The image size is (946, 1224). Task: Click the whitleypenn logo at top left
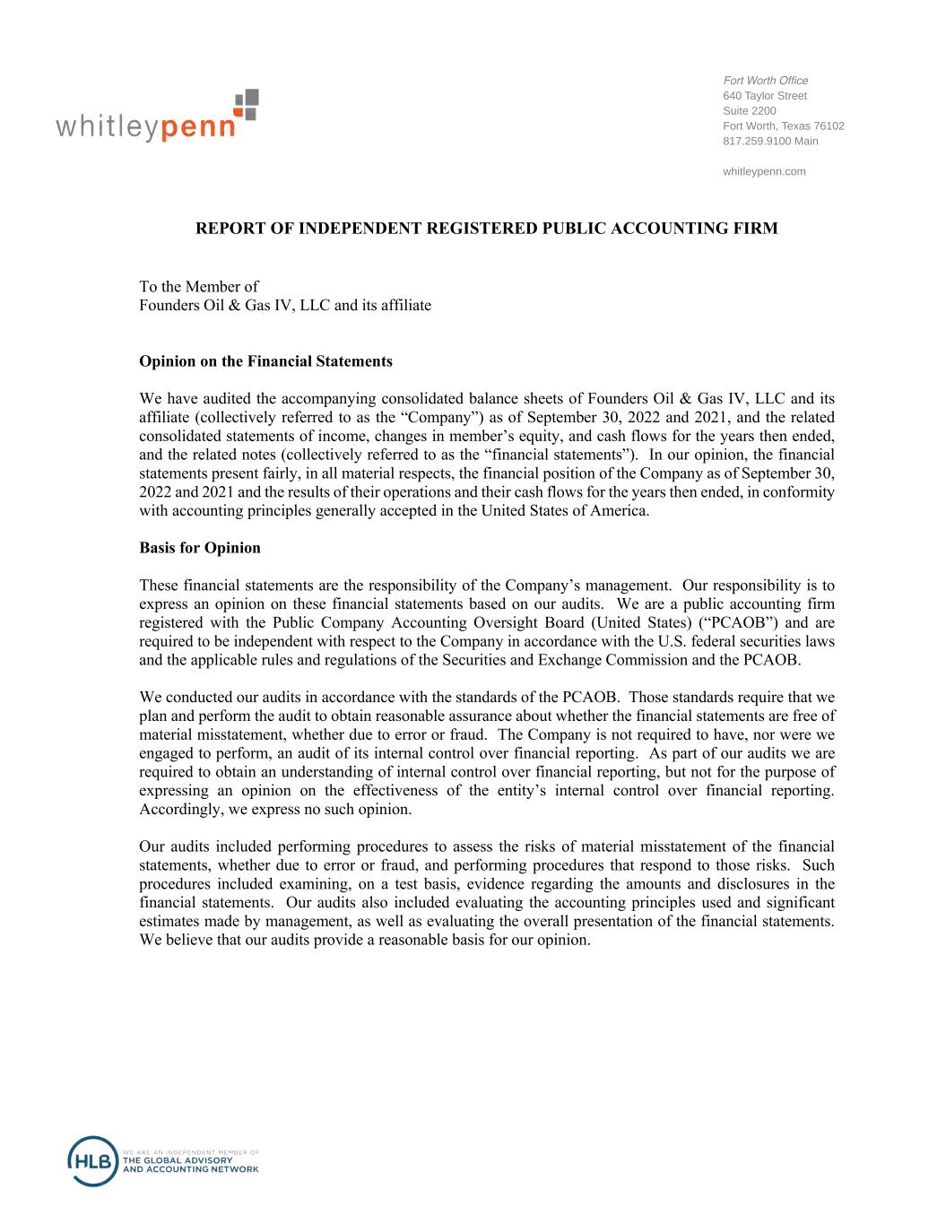pyautogui.click(x=157, y=117)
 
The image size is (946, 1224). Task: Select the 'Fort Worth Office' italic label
pyautogui.click(x=765, y=81)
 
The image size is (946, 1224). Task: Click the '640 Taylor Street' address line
pyautogui.click(x=764, y=96)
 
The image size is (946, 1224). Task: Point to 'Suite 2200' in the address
pyautogui.click(x=749, y=111)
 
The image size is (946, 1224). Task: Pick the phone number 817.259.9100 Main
pyautogui.click(x=769, y=141)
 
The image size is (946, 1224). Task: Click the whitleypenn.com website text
pyautogui.click(x=763, y=171)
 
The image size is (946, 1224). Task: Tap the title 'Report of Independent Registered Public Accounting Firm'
pyautogui.click(x=486, y=229)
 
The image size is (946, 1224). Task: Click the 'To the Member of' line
pyautogui.click(x=198, y=286)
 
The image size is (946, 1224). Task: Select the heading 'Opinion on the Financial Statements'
pyautogui.click(x=265, y=361)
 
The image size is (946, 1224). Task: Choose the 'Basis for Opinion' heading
pyautogui.click(x=200, y=548)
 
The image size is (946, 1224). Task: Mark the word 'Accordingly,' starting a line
pyautogui.click(x=178, y=809)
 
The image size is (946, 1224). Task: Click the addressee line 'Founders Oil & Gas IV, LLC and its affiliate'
pyautogui.click(x=284, y=305)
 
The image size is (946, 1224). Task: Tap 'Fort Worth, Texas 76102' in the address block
pyautogui.click(x=783, y=126)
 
